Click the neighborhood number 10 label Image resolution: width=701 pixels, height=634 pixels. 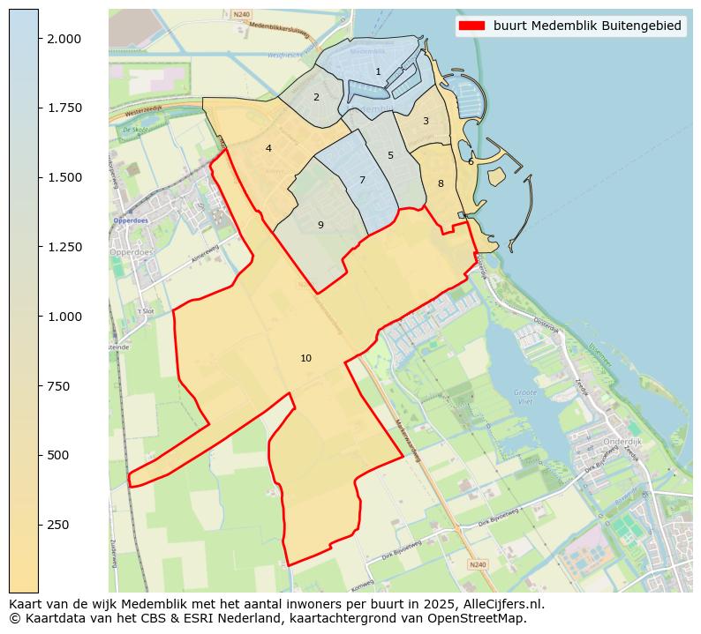pos(305,358)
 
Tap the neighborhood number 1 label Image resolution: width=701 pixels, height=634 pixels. pos(378,72)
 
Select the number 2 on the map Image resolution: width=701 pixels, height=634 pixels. pos(316,97)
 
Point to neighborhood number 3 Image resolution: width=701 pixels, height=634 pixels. pos(426,121)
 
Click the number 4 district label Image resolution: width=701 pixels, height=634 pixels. pos(268,148)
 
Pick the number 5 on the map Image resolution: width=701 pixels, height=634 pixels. pos(390,155)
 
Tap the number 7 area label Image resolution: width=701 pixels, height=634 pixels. pos(362,180)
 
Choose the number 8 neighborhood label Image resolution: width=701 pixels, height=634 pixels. pos(441,183)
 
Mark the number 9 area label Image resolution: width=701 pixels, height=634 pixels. pos(320,225)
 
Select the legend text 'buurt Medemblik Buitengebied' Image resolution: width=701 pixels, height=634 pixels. pos(587,26)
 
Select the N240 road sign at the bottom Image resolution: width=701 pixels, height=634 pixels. pos(478,564)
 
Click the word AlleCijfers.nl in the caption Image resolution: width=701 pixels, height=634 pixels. pos(503,605)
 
